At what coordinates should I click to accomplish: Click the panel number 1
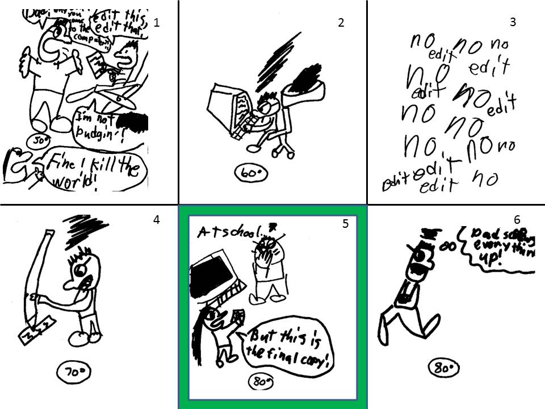(x=157, y=23)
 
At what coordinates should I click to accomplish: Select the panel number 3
(x=513, y=23)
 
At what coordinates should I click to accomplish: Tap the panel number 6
(x=517, y=219)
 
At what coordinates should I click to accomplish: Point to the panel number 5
(x=345, y=224)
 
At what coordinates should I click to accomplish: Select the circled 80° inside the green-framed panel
(x=262, y=382)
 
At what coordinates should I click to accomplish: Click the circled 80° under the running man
(x=444, y=368)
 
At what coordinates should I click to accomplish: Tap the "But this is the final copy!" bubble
(x=286, y=348)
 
